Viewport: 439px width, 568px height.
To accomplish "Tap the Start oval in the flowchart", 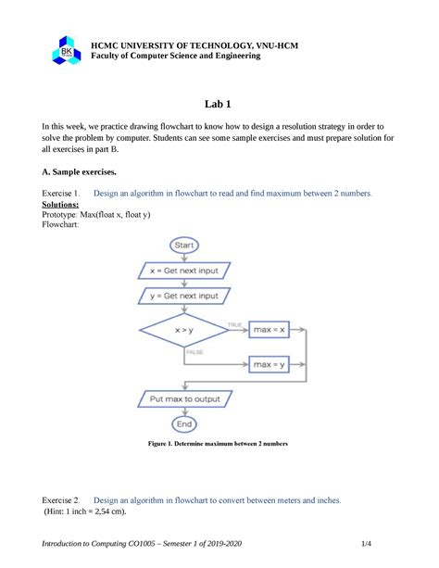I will pyautogui.click(x=184, y=245).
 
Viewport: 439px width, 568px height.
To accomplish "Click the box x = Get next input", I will pyautogui.click(x=184, y=271).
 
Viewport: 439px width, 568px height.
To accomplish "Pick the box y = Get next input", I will pyautogui.click(x=184, y=296).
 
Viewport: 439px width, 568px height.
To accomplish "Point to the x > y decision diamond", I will pyautogui.click(x=183, y=329).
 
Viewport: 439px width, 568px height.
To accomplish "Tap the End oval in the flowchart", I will pyautogui.click(x=184, y=423).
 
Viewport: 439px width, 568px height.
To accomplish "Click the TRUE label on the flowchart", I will pyautogui.click(x=234, y=323).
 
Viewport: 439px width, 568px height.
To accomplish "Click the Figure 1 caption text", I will pyautogui.click(x=219, y=444).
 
